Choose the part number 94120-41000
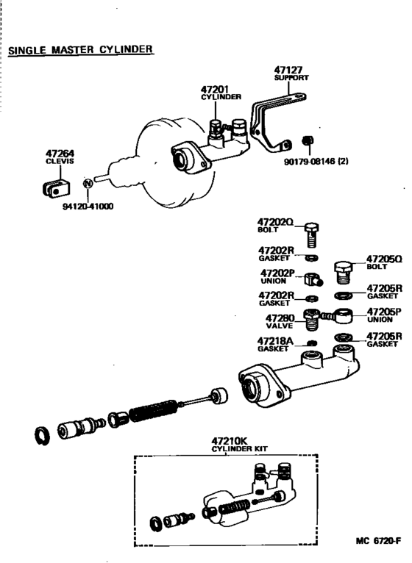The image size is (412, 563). (x=88, y=207)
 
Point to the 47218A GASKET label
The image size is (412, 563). (x=275, y=344)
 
